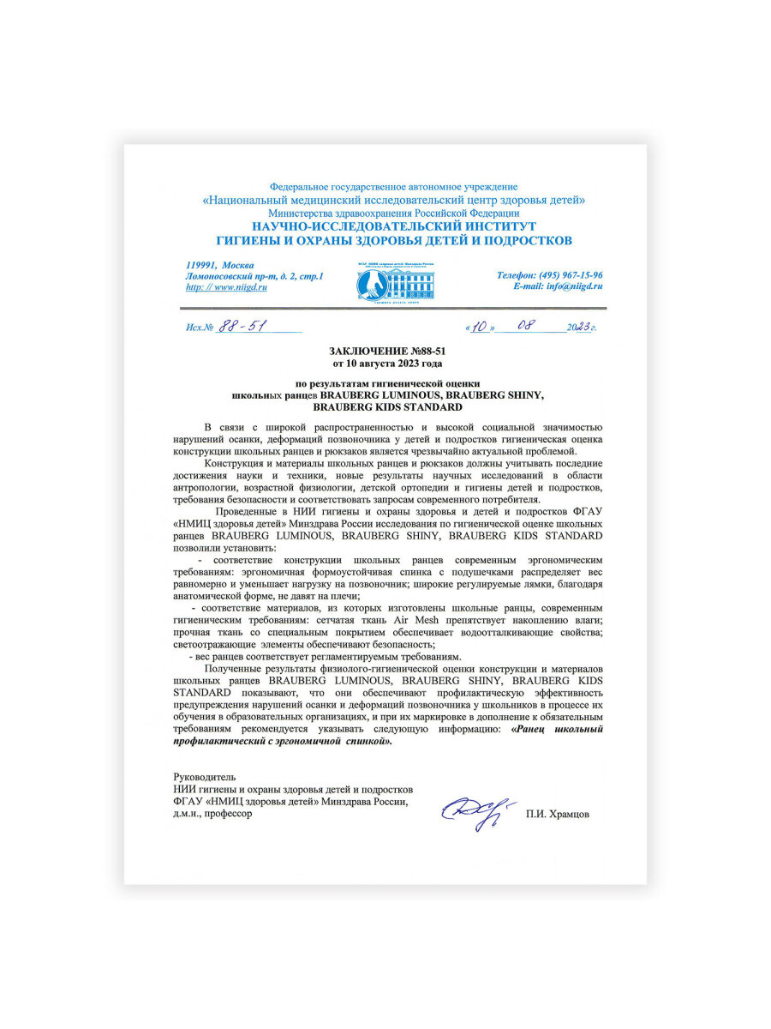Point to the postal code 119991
coord(201,265)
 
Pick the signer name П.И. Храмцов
coord(558,815)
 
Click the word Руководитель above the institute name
coord(204,777)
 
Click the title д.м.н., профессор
coord(213,815)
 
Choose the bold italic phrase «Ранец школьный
coord(556,729)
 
